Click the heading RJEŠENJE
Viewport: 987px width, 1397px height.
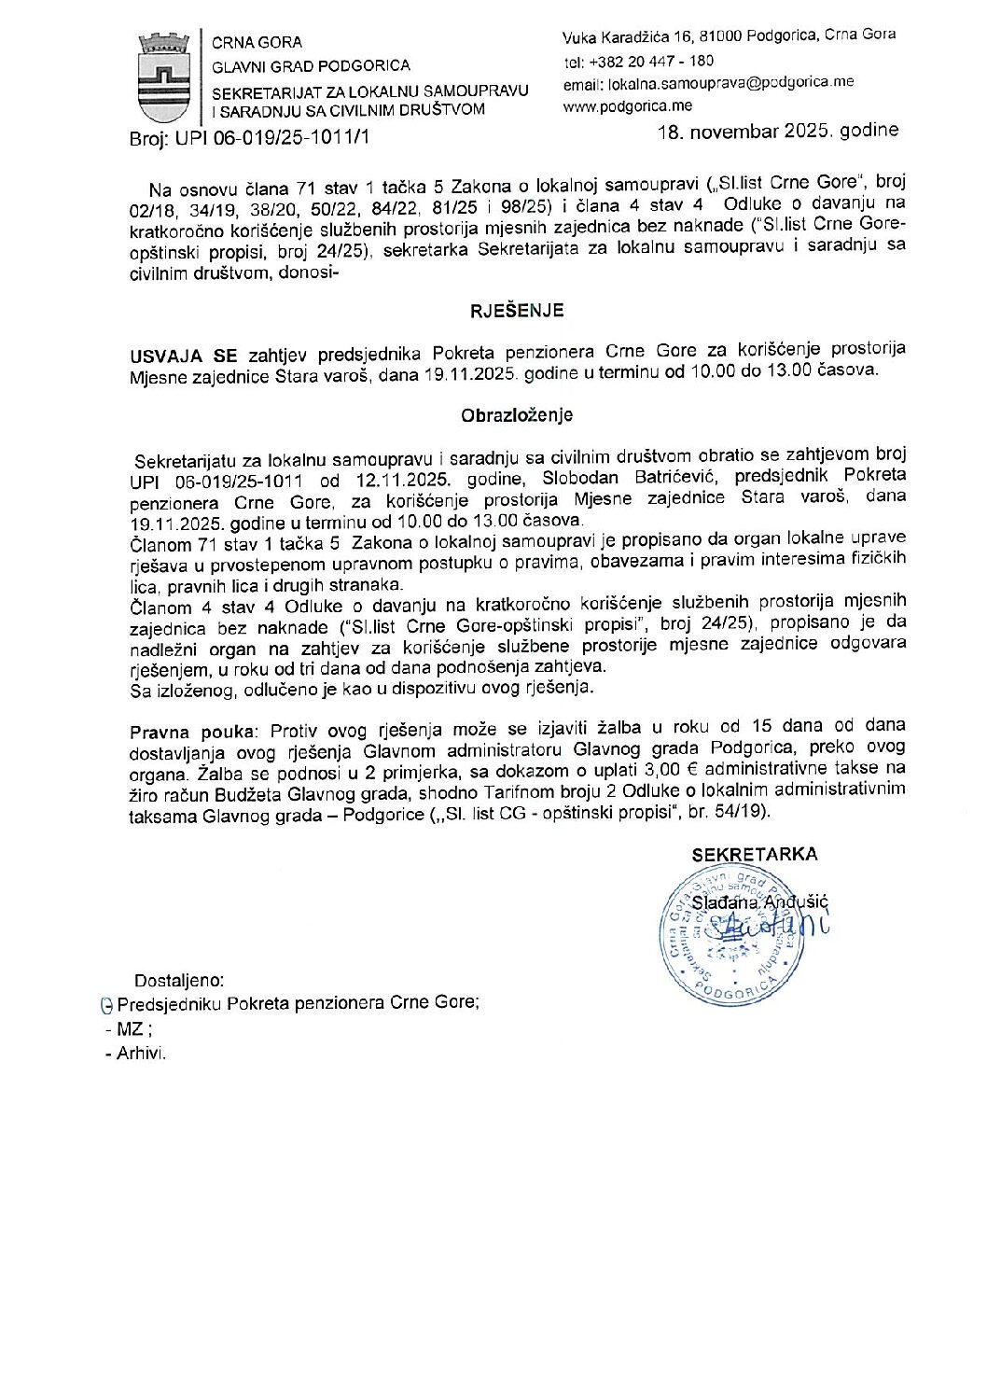[517, 311]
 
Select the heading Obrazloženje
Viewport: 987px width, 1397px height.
[517, 415]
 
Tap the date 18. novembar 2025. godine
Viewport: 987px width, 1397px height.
[778, 131]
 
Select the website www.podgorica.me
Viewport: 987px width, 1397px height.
[627, 106]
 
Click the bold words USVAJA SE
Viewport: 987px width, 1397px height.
[184, 355]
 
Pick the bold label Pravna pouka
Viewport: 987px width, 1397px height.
[191, 732]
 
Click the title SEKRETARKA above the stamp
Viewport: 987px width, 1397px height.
[755, 854]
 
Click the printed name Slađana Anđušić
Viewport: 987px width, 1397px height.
[759, 902]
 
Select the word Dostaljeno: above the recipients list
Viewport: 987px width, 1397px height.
[179, 981]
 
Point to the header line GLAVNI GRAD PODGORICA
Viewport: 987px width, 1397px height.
[311, 65]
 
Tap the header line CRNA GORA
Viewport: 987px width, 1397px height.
[257, 42]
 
